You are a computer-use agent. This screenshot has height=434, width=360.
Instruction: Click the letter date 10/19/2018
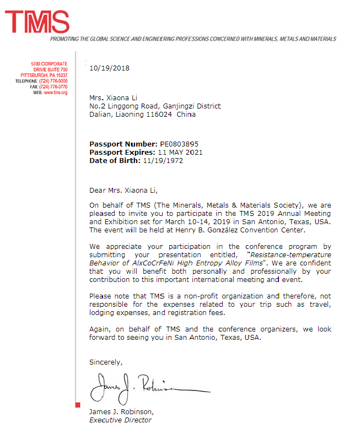point(109,68)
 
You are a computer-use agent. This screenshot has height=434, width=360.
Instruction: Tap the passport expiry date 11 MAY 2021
point(180,153)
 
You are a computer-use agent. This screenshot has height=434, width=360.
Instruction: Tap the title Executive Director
point(120,420)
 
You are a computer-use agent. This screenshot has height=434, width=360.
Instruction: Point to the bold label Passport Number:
point(120,144)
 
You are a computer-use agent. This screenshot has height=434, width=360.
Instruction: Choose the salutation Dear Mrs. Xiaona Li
point(123,191)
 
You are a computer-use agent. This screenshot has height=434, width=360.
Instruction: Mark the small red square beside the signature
point(78,405)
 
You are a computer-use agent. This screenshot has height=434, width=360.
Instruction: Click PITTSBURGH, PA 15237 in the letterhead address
point(44,75)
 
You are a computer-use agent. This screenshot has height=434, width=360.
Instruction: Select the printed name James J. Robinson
point(121,412)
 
